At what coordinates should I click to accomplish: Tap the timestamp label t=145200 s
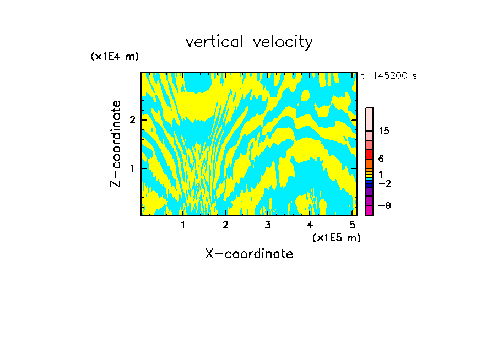(388, 76)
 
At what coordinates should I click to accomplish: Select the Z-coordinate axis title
(116, 144)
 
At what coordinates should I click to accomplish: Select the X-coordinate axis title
(249, 254)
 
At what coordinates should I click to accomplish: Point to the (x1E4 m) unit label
(115, 57)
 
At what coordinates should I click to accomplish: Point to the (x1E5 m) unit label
(336, 237)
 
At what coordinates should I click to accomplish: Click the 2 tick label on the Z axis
(132, 119)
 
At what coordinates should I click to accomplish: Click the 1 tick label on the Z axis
(132, 168)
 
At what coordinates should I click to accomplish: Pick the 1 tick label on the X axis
(183, 225)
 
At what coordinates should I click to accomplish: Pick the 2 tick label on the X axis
(225, 225)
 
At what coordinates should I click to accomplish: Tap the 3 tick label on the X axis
(268, 225)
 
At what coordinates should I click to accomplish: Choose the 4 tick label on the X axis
(310, 225)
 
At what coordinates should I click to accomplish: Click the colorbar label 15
(384, 131)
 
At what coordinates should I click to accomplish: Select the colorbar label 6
(381, 159)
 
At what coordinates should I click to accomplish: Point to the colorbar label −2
(385, 183)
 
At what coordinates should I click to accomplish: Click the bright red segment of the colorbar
(370, 154)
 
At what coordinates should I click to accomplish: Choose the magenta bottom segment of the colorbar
(370, 210)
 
